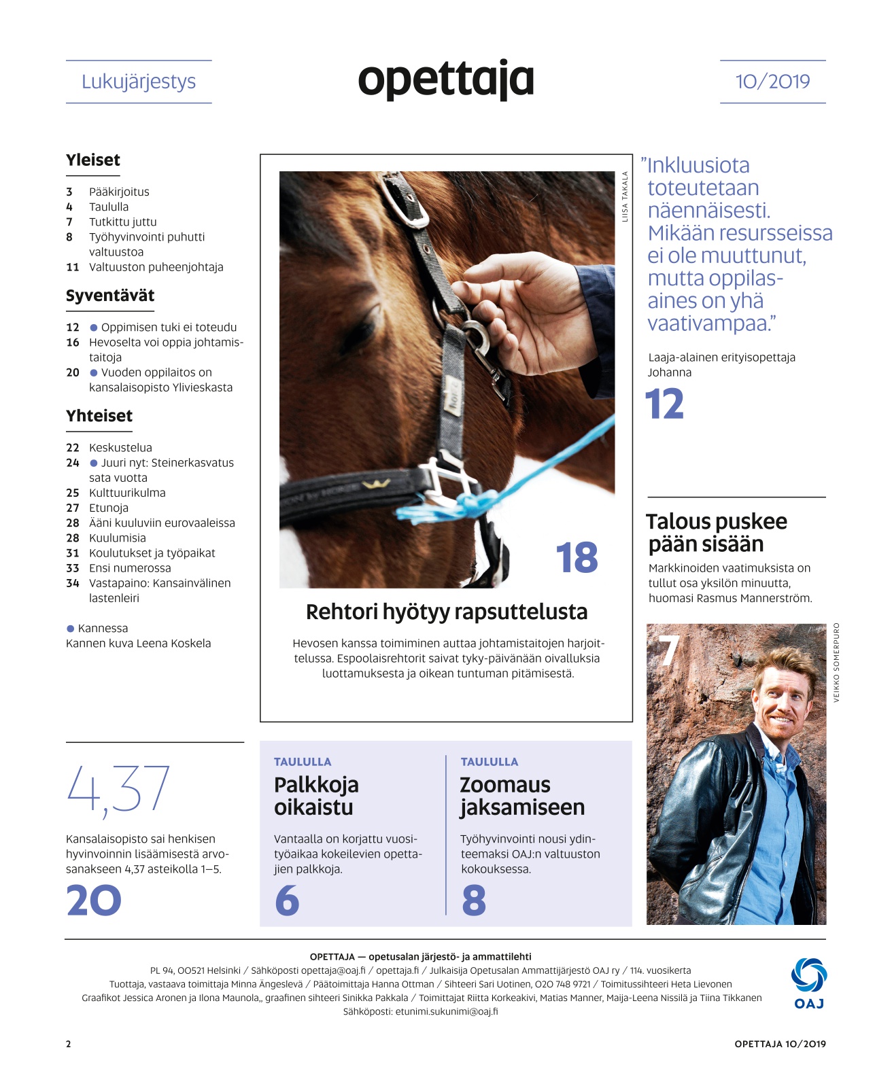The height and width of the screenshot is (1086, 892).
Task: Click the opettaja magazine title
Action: pos(445,79)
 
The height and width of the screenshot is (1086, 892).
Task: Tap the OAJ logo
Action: pos(808,982)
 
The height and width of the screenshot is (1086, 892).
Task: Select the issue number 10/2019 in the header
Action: pos(772,82)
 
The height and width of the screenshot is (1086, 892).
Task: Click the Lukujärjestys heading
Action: pos(139,82)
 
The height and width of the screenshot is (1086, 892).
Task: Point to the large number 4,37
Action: pos(118,788)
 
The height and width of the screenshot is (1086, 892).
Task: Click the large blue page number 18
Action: pos(577,558)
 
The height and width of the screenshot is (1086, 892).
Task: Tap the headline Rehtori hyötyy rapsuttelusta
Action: pos(447,612)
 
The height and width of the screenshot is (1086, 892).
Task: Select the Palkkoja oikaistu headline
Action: pos(316,796)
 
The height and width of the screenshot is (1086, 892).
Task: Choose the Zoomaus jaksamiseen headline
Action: pos(521,796)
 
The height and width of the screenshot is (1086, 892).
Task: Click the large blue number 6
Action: pos(287,900)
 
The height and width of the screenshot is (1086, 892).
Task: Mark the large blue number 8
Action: pos(474,900)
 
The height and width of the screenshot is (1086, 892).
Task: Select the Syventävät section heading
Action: pos(110,296)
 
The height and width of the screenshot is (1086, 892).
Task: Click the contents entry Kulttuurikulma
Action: pos(127,493)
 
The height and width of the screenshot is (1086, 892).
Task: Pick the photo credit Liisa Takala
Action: pos(625,196)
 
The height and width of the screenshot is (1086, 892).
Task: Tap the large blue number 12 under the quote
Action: pos(664,404)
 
